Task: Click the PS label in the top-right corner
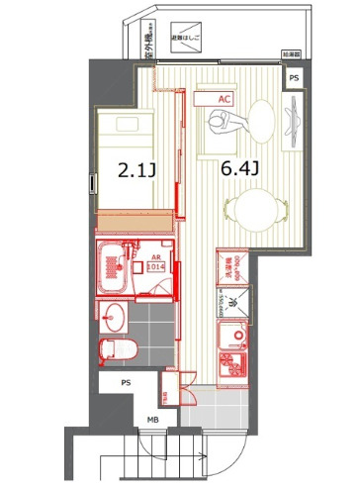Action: click(x=294, y=78)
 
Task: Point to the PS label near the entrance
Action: click(x=126, y=382)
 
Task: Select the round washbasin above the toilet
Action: click(x=114, y=316)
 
